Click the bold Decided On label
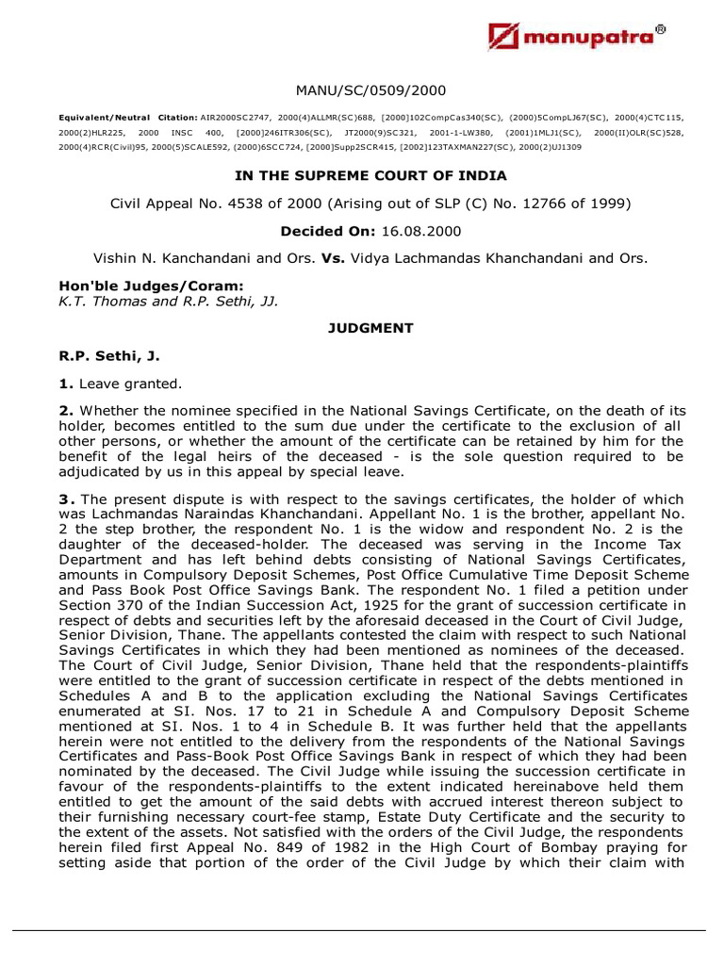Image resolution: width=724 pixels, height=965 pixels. [318, 230]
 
